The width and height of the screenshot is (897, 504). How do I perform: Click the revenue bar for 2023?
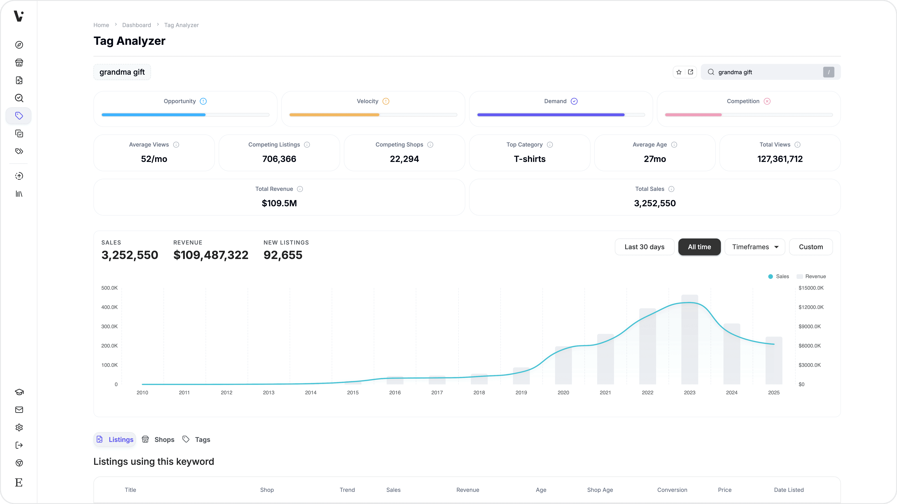tap(689, 341)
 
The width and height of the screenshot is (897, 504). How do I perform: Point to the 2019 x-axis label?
tap(521, 392)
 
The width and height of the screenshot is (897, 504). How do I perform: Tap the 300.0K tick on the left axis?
tap(109, 326)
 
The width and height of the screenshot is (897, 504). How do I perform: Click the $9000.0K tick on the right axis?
tap(810, 326)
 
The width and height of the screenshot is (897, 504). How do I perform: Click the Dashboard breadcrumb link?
tap(137, 25)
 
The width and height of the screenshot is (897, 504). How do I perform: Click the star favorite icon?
tap(679, 72)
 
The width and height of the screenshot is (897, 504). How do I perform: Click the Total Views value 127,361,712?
tap(780, 159)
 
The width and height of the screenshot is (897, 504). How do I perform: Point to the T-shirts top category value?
tap(529, 159)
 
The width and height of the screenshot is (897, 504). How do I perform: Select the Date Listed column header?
tap(789, 490)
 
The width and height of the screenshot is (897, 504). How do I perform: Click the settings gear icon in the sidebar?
tap(19, 427)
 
